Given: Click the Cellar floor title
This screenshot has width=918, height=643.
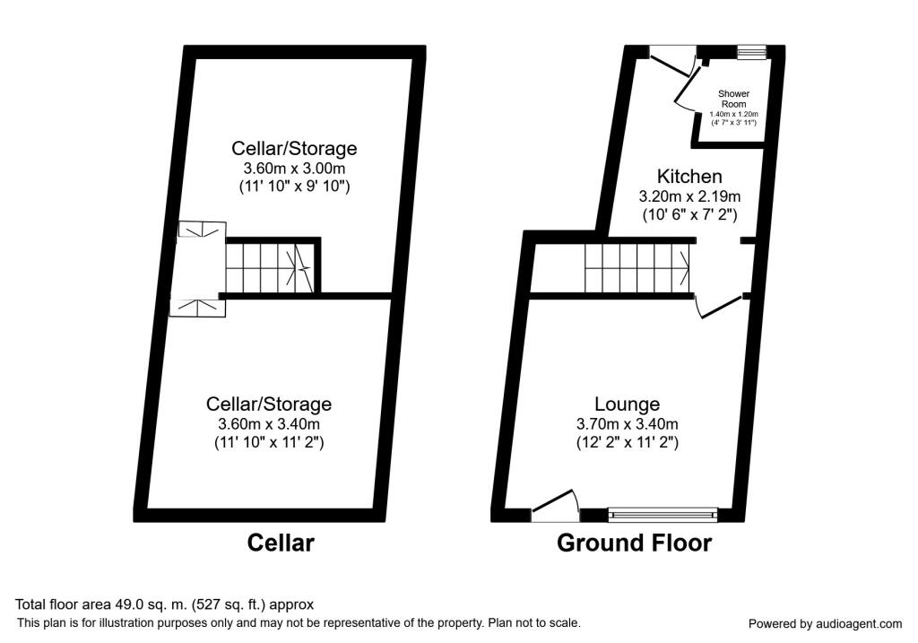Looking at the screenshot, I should coord(281,543).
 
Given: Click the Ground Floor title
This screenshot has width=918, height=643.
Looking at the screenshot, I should coord(634,543).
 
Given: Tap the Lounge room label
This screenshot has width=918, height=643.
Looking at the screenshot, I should coord(628,404).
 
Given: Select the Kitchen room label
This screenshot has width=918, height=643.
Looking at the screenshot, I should coord(688,176).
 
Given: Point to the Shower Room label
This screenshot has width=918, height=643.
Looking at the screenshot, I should coord(733,99).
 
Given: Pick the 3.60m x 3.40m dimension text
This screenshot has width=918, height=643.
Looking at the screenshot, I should coord(268,423).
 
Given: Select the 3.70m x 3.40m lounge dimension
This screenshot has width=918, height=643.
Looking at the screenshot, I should coord(628,423).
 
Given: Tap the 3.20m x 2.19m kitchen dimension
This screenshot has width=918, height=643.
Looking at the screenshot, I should coord(688,196).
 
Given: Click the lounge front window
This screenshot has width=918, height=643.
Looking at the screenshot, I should coord(663,514).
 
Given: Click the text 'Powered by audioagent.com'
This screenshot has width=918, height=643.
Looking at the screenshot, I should coord(825,623).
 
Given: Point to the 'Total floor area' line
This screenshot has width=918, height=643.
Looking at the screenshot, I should coord(164,604).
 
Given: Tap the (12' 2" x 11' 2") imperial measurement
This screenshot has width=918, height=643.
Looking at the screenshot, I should coord(628,442).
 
